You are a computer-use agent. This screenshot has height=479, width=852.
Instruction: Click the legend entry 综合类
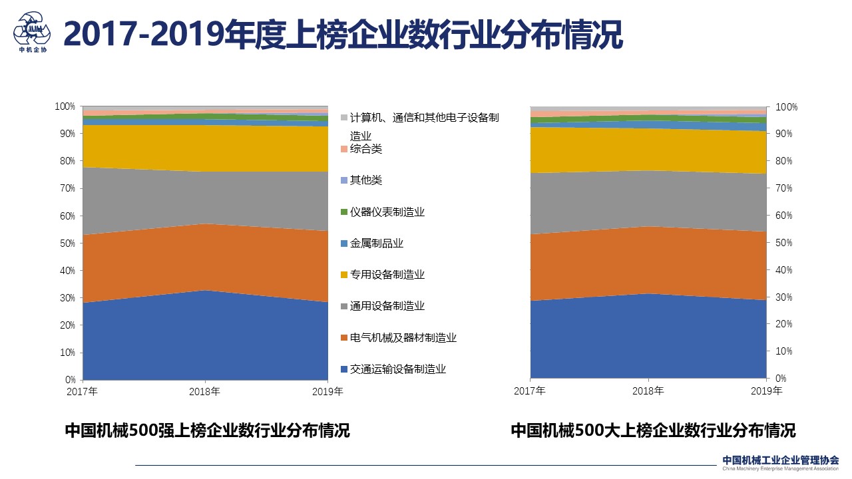pyautogui.click(x=365, y=149)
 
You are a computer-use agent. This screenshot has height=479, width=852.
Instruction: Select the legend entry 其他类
pyautogui.click(x=365, y=180)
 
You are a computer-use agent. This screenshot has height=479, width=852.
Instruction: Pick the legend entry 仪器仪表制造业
pyautogui.click(x=387, y=212)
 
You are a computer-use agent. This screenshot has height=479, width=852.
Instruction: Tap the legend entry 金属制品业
pyautogui.click(x=376, y=243)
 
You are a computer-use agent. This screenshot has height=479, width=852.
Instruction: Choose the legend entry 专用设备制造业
pyautogui.click(x=387, y=275)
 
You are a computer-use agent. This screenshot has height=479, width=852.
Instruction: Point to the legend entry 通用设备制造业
pyautogui.click(x=387, y=306)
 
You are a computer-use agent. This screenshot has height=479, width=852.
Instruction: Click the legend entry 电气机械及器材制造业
pyautogui.click(x=403, y=338)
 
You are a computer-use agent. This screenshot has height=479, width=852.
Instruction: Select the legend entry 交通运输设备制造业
pyautogui.click(x=397, y=369)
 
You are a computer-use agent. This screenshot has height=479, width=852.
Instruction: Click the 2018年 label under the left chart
pyautogui.click(x=205, y=392)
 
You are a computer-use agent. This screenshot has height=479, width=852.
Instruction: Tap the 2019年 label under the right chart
pyautogui.click(x=765, y=391)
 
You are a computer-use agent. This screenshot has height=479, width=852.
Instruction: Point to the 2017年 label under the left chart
pyautogui.click(x=83, y=392)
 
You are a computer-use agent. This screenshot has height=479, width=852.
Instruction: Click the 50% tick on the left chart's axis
pyautogui.click(x=65, y=243)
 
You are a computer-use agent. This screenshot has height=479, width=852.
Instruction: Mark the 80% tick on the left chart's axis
pyautogui.click(x=65, y=161)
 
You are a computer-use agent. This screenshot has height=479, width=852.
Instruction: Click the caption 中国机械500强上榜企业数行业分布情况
pyautogui.click(x=207, y=430)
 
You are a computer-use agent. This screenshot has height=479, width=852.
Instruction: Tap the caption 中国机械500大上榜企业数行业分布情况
pyautogui.click(x=653, y=430)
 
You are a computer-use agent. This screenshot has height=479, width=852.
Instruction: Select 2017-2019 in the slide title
pyautogui.click(x=142, y=35)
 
